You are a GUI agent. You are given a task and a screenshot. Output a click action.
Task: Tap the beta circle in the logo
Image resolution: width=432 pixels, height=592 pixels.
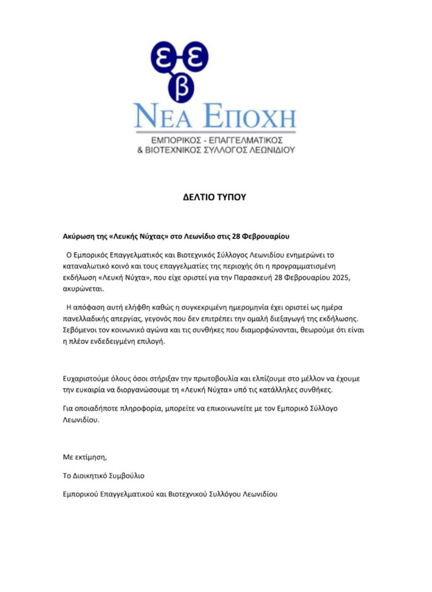[x=180, y=88]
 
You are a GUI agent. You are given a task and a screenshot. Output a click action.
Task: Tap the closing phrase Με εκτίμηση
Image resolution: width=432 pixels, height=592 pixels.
[x=85, y=457]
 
